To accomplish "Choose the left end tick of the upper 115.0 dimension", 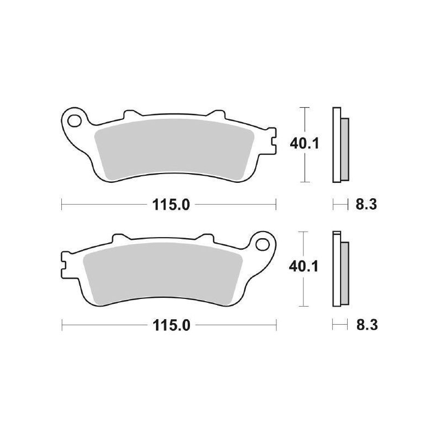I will click(x=61, y=205).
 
